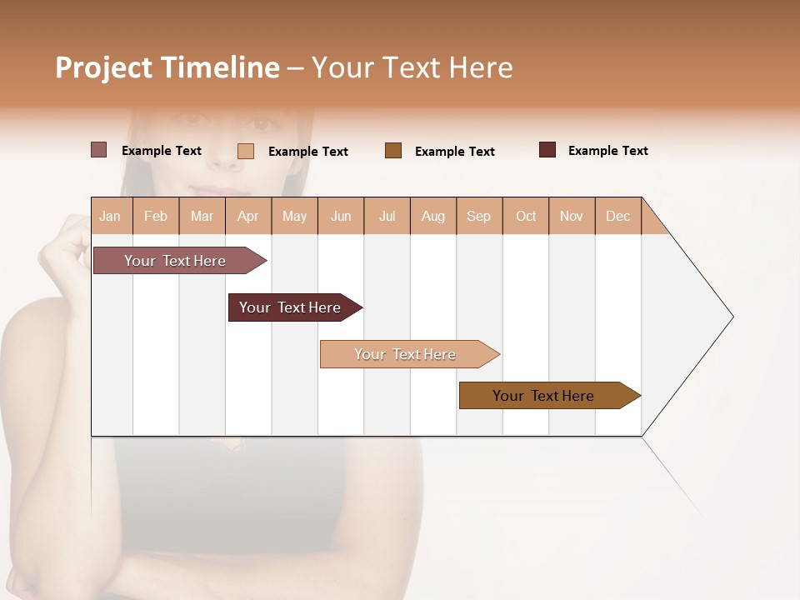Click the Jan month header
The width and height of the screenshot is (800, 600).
[x=111, y=216]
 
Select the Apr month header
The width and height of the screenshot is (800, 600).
[x=248, y=216]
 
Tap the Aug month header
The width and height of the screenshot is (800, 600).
[x=433, y=216]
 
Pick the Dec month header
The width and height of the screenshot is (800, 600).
[x=618, y=216]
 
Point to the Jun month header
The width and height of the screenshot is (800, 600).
[x=341, y=216]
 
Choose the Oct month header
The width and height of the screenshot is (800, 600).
[x=526, y=216]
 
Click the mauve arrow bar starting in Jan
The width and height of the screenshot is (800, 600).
[x=175, y=261]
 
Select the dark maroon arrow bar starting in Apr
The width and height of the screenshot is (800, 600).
[x=291, y=307]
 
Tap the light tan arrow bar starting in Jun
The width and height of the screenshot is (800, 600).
[x=406, y=354]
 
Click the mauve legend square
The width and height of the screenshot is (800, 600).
[x=98, y=150]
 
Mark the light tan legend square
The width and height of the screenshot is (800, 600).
[x=245, y=151]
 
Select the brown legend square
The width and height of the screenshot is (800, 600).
[x=393, y=151]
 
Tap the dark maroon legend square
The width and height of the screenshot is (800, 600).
[x=547, y=150]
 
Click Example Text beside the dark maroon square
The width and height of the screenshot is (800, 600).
[x=607, y=151]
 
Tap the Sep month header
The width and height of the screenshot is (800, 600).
[x=479, y=216]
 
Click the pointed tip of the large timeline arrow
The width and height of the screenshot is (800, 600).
[x=731, y=317]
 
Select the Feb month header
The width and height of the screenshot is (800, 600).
[x=156, y=216]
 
